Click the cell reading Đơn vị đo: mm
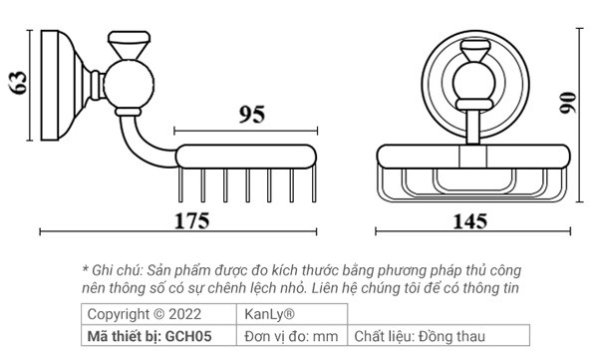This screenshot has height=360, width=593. [x=291, y=336]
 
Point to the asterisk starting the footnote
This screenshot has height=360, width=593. [x=86, y=270]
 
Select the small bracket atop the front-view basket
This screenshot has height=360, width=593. [x=471, y=156]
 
